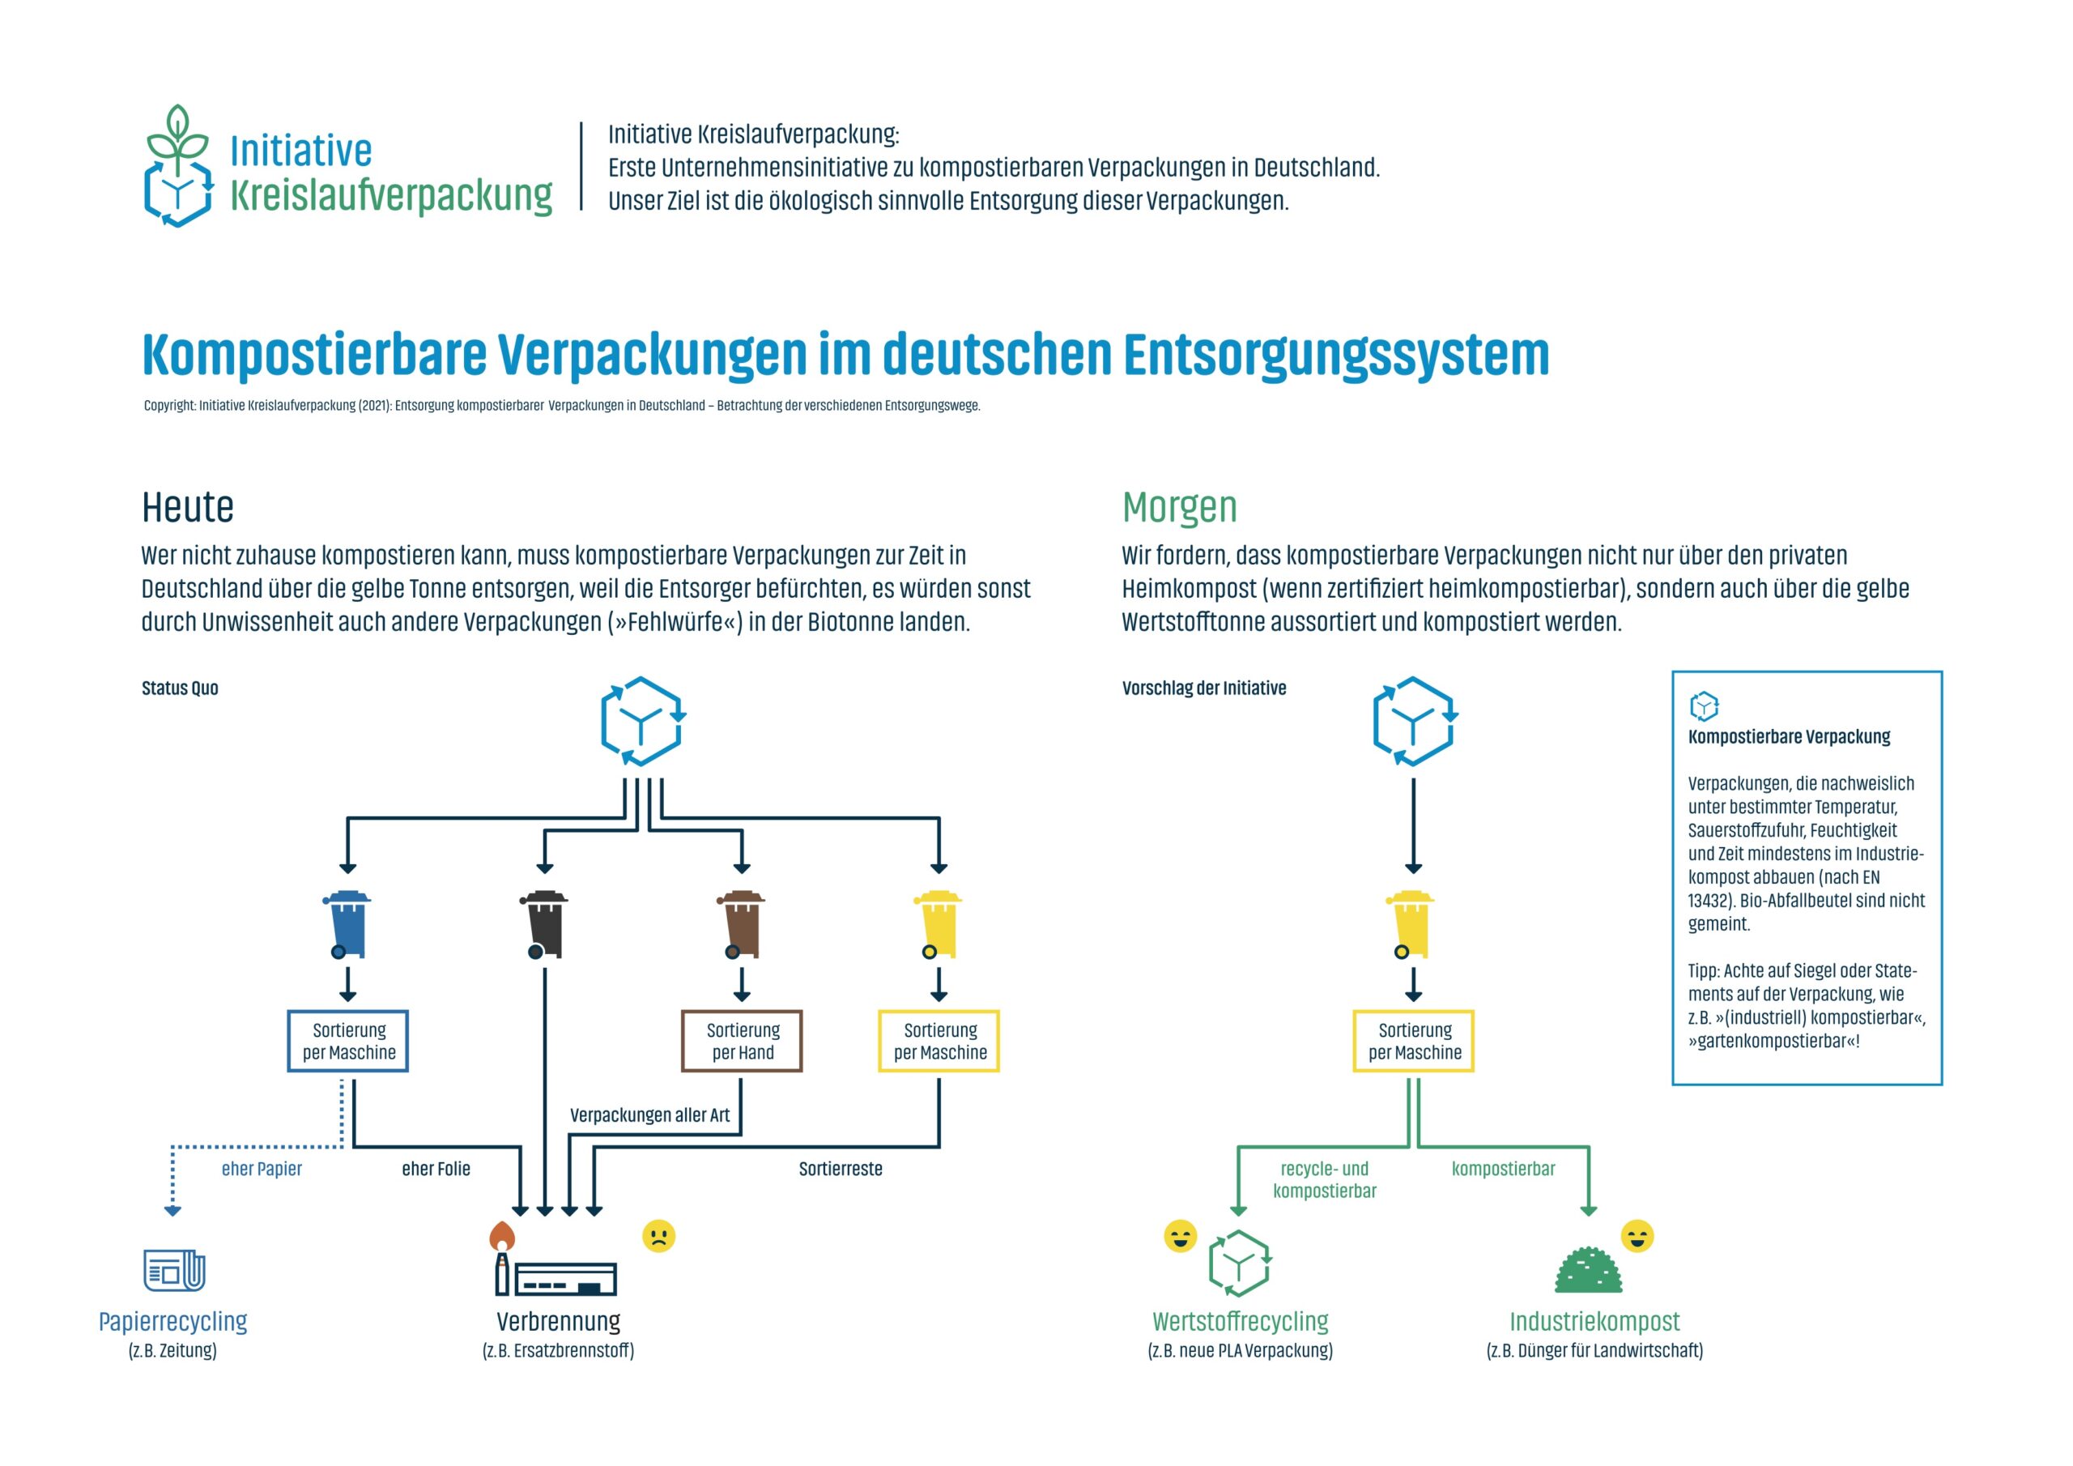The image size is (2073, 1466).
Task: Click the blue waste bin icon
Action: (347, 924)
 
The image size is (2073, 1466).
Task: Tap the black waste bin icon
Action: (544, 924)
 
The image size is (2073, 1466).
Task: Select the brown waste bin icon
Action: (741, 924)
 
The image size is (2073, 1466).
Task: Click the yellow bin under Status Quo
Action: (938, 924)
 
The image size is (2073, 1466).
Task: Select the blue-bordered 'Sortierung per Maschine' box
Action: (347, 1041)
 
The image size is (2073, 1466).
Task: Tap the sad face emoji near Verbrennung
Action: (658, 1236)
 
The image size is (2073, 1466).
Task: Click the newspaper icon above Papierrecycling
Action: (174, 1270)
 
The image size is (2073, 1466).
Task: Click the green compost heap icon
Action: (1588, 1270)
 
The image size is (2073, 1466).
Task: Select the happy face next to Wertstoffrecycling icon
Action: (1180, 1236)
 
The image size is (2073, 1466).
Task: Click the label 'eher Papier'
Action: (262, 1169)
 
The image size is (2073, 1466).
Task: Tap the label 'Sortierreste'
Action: (841, 1169)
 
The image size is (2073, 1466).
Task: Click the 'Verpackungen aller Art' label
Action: (649, 1114)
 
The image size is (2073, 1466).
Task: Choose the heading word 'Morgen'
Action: (1179, 507)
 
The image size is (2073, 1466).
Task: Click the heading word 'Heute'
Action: (188, 507)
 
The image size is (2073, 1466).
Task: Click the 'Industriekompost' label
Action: (1594, 1322)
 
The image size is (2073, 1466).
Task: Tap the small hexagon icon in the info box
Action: (1704, 705)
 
